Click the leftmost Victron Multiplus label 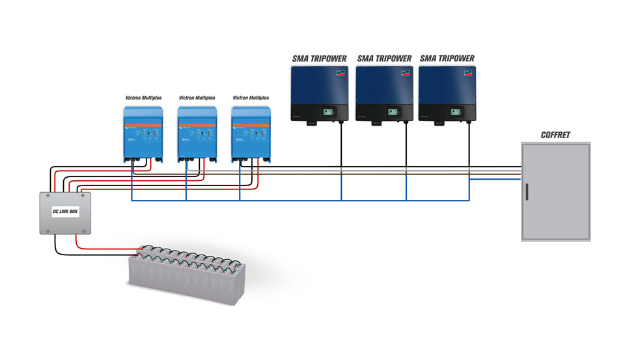143,98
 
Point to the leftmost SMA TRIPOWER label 319,59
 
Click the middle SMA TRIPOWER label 384,59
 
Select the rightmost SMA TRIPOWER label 447,59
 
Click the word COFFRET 556,135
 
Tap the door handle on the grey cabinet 527,193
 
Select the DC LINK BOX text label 65,212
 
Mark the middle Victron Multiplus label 197,98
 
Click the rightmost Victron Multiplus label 251,98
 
